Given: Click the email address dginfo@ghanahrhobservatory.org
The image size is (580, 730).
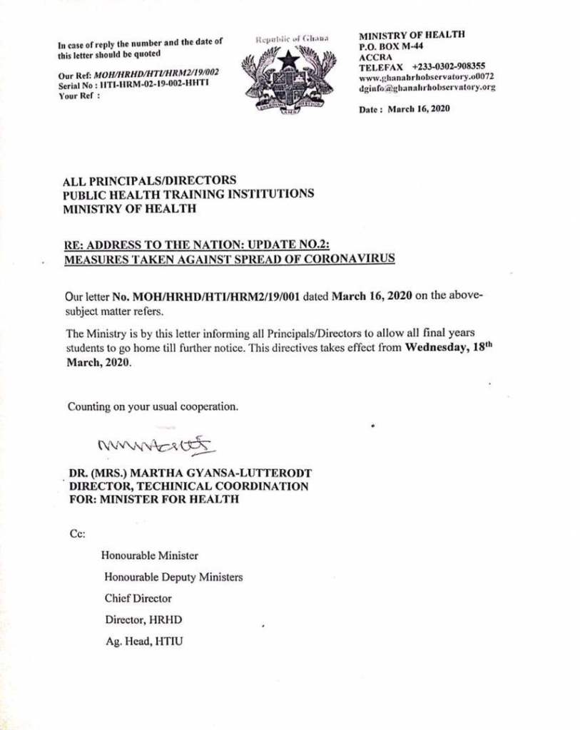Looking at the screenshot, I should click(427, 88).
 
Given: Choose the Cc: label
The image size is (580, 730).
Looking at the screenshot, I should click(77, 532).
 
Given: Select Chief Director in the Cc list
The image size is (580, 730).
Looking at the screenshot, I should click(138, 598).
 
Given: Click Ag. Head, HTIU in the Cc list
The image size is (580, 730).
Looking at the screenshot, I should click(143, 642).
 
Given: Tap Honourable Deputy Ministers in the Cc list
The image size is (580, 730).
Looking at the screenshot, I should click(173, 576).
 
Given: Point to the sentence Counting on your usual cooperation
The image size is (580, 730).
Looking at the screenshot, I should click(153, 407).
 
